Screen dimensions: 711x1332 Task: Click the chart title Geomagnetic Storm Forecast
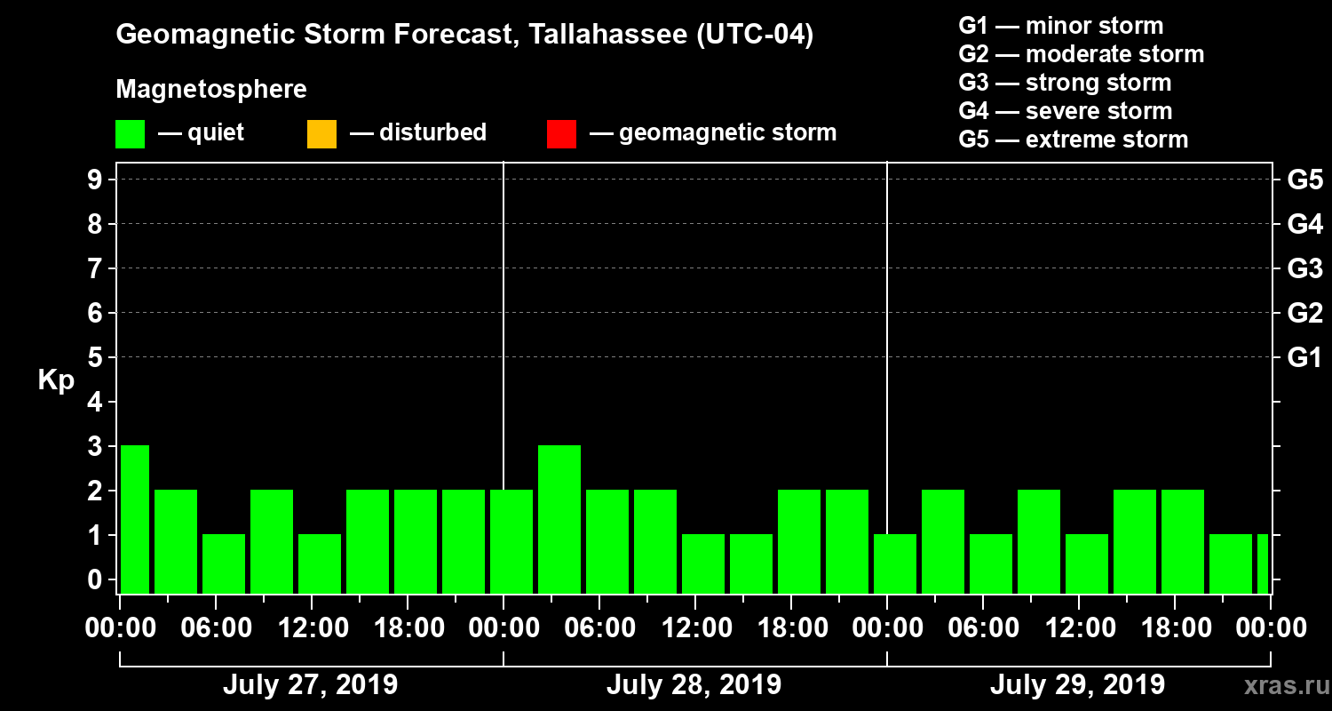[464, 36]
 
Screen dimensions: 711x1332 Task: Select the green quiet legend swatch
[130, 134]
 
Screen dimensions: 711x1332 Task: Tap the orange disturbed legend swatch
[321, 134]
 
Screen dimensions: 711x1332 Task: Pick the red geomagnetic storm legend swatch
[561, 134]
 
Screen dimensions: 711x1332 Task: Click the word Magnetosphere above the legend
[211, 90]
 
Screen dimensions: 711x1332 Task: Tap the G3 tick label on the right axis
[1304, 268]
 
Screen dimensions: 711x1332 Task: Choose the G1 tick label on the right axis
[1304, 358]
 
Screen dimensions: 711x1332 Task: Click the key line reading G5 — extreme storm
[1073, 140]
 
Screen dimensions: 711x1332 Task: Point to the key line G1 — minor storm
[1060, 26]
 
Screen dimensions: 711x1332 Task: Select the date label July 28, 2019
[694, 685]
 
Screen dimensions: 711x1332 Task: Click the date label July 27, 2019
[310, 685]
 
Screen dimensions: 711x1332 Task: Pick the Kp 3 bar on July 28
[559, 519]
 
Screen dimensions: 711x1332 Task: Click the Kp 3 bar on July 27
[135, 519]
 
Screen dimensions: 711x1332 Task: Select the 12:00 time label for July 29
[1078, 628]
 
